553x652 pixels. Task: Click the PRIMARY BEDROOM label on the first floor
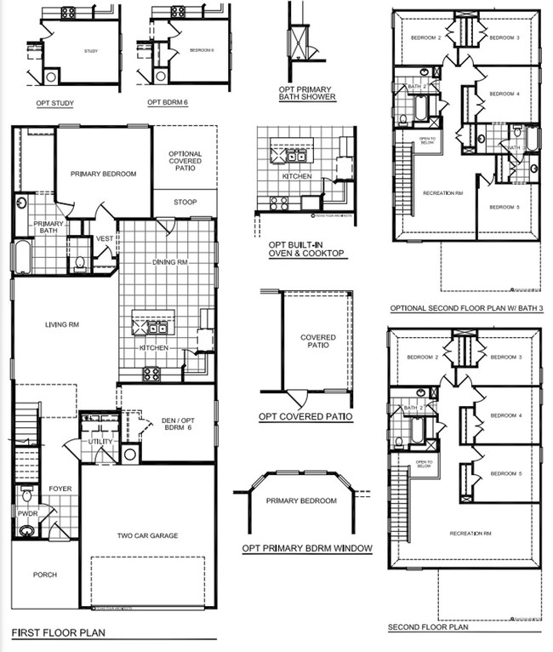pyautogui.click(x=103, y=174)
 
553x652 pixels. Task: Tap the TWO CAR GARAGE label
pyautogui.click(x=147, y=536)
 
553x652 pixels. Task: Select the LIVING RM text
pyautogui.click(x=62, y=324)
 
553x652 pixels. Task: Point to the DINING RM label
pyautogui.click(x=169, y=263)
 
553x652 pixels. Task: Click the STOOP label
pyautogui.click(x=185, y=203)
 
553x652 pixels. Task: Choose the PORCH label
pyautogui.click(x=45, y=575)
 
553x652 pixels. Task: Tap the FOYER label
pyautogui.click(x=60, y=489)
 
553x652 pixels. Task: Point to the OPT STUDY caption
pyautogui.click(x=54, y=104)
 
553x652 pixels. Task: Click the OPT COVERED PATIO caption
pyautogui.click(x=306, y=417)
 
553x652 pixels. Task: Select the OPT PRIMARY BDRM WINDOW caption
pyautogui.click(x=307, y=548)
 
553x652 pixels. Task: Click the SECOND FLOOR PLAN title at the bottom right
pyautogui.click(x=428, y=628)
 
